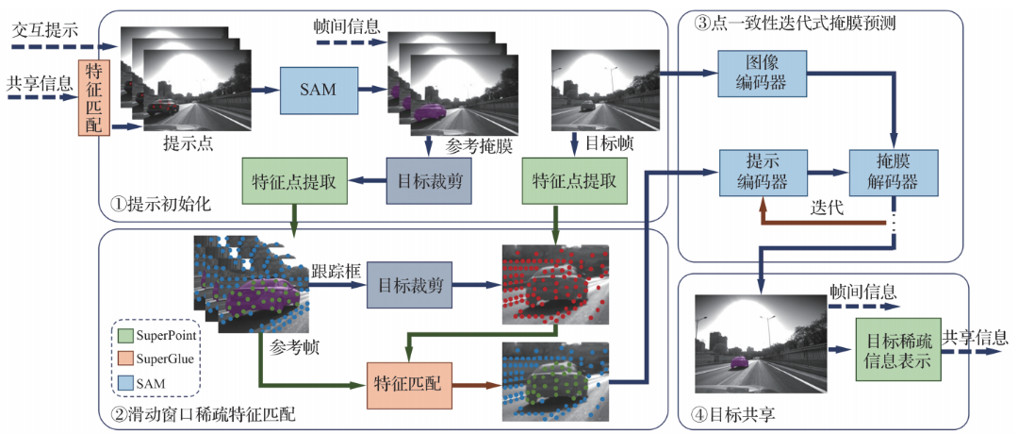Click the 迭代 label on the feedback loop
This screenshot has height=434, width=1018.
(826, 208)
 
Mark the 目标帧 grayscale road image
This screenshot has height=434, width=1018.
(602, 92)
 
